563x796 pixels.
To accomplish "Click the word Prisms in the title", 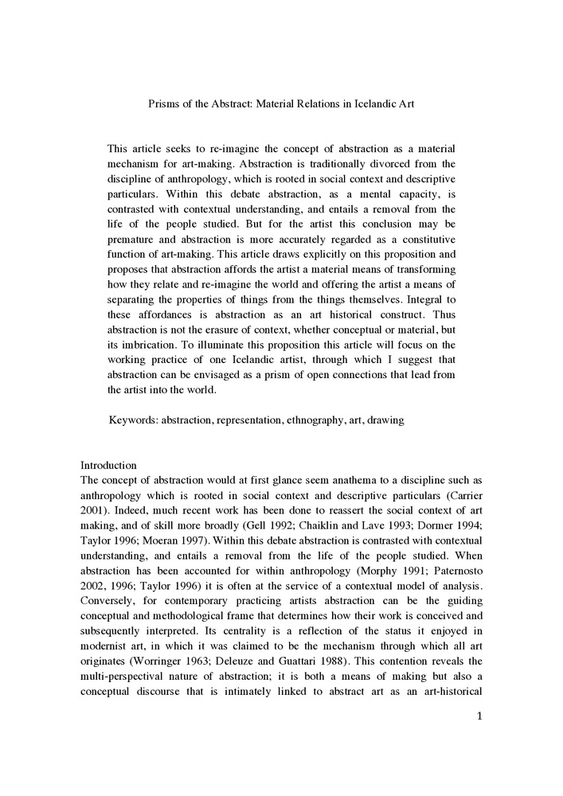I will [165, 104].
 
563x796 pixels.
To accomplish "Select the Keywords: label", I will [133, 419].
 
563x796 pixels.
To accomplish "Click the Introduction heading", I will [109, 465].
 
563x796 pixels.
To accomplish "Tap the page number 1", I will [479, 716].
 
